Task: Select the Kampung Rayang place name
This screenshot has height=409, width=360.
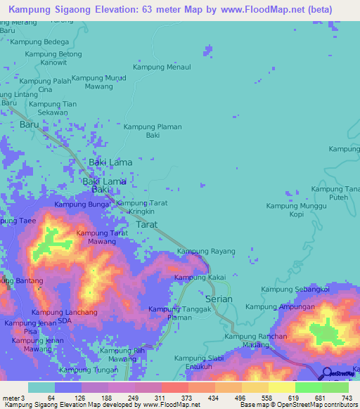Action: point(205,251)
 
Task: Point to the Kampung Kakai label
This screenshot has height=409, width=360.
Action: point(200,278)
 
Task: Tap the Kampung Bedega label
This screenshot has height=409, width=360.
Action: point(39,42)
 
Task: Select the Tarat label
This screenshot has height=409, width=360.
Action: point(146,224)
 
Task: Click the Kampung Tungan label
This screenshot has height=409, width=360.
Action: point(89,370)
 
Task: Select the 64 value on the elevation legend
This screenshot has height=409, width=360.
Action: point(51,398)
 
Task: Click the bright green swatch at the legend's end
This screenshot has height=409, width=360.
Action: point(335,387)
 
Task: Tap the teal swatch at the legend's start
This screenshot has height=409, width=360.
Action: point(41,387)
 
